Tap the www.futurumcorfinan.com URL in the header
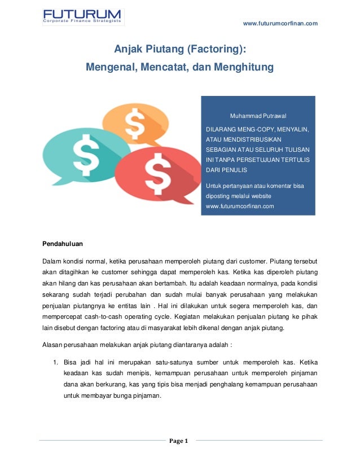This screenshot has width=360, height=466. (x=280, y=23)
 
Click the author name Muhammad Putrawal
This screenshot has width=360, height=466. (x=257, y=116)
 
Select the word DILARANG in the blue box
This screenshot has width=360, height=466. (x=221, y=129)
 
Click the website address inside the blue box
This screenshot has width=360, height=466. (x=240, y=206)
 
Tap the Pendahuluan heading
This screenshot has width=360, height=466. (x=63, y=245)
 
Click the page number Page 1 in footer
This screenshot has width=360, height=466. (x=180, y=441)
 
